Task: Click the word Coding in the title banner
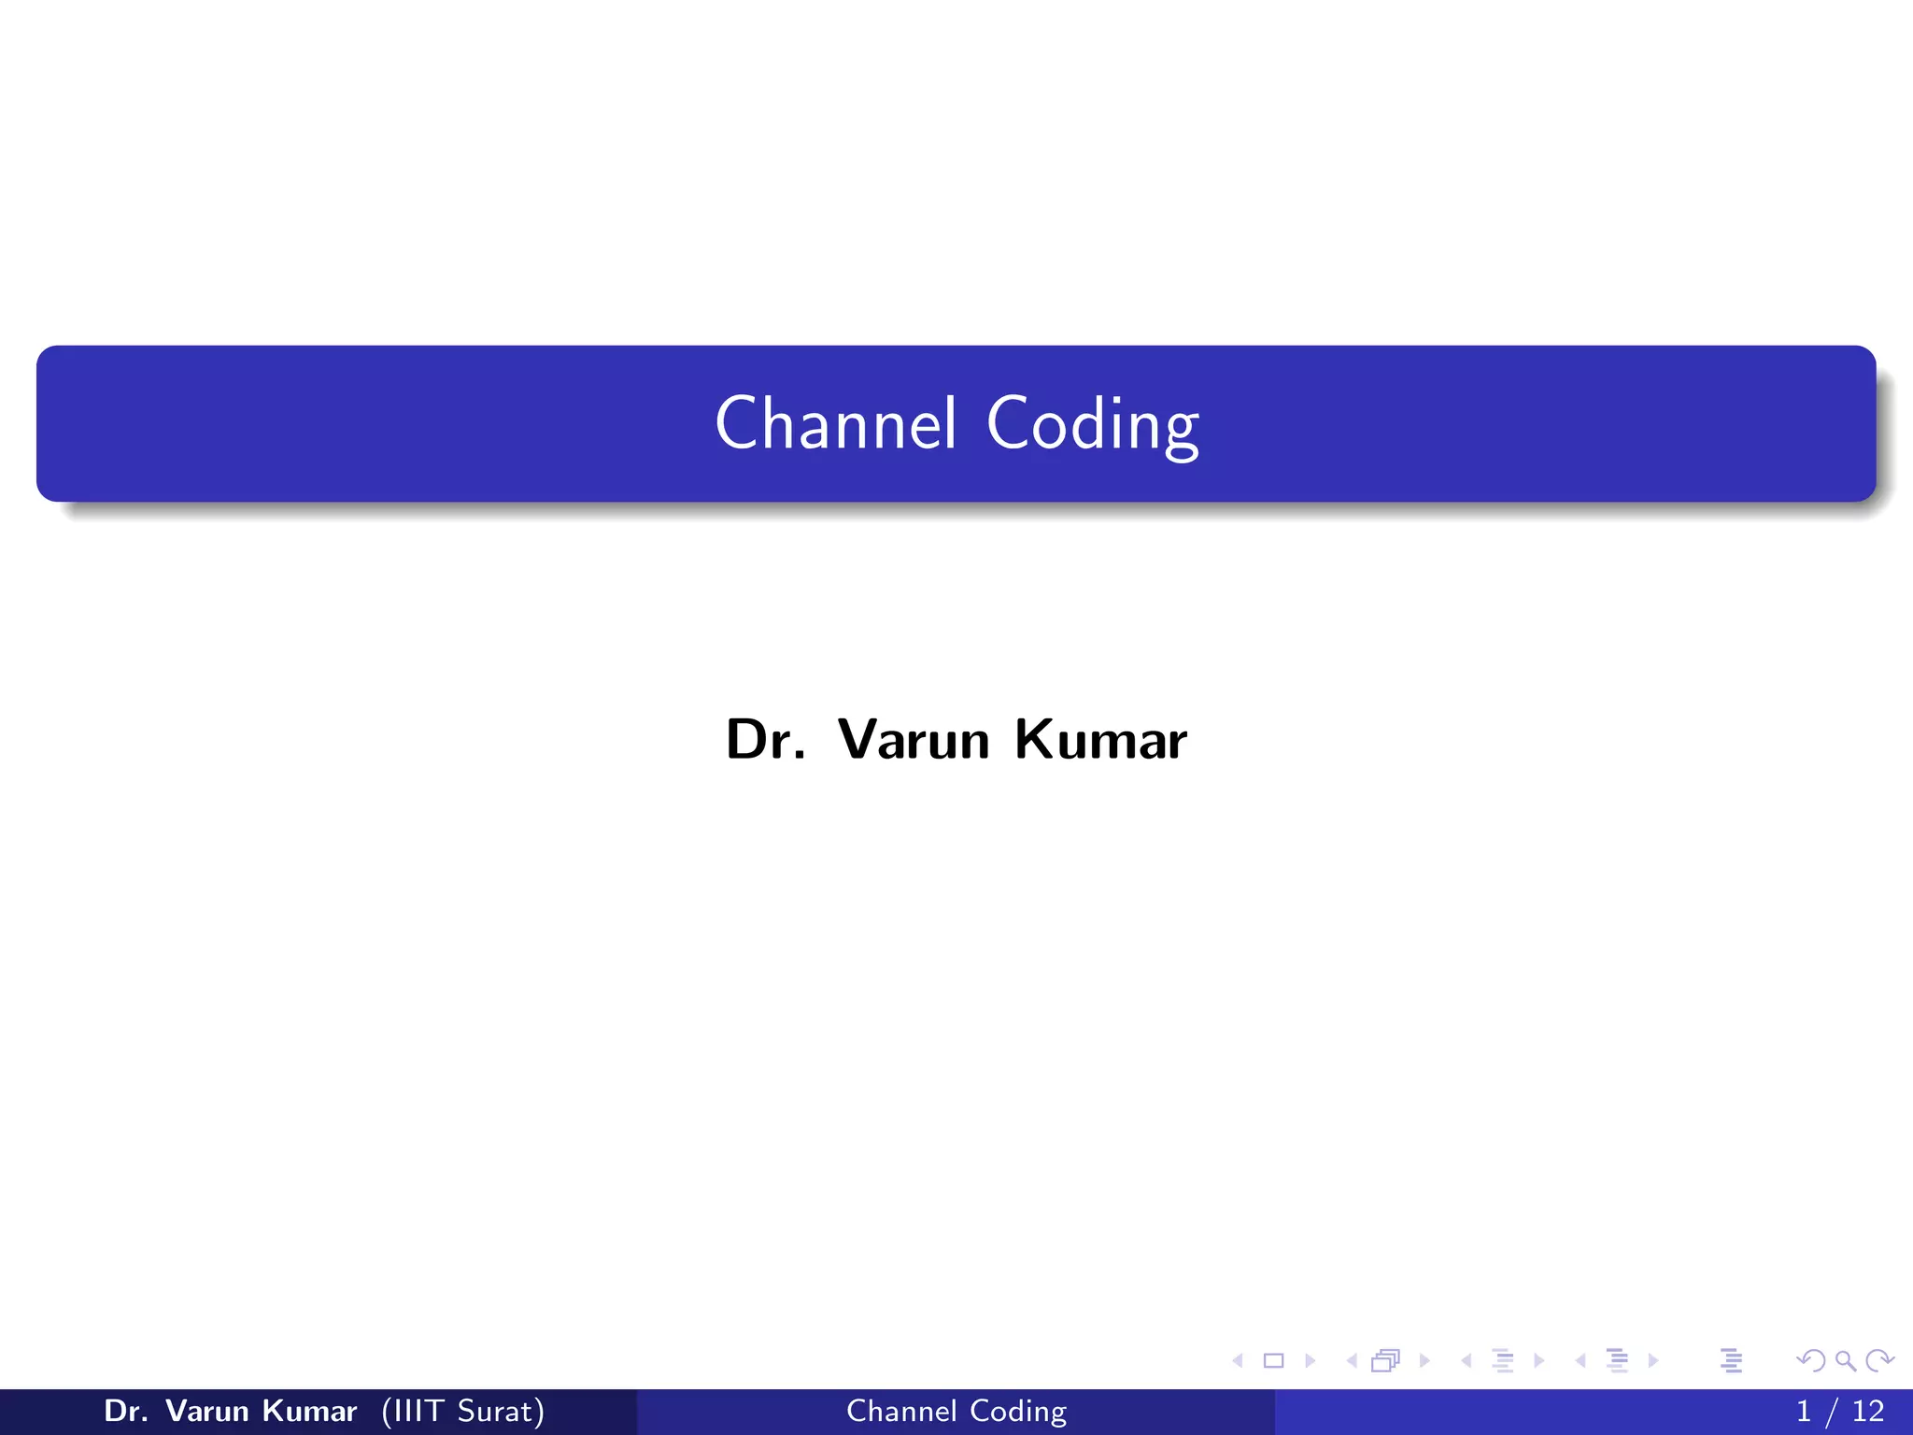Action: [1092, 425]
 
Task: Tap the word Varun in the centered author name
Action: [913, 740]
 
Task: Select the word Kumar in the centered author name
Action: [1100, 740]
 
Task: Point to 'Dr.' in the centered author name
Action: [765, 740]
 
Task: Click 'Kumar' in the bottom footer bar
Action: [309, 1411]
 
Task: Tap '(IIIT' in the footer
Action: [412, 1411]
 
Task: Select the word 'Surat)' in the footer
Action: [501, 1411]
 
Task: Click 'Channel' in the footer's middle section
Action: [901, 1411]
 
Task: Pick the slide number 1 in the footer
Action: [1804, 1411]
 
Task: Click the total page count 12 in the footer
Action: [1868, 1411]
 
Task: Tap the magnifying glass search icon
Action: [1845, 1360]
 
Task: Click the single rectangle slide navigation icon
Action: [1273, 1360]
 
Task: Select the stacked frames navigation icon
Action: [1385, 1360]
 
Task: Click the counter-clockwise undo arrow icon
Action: [1810, 1360]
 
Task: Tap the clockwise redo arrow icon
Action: [1879, 1360]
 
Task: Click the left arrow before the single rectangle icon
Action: [1238, 1360]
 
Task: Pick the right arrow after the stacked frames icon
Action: [1424, 1360]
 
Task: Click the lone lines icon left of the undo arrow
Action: [1731, 1360]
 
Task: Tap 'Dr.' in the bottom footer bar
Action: [125, 1411]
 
